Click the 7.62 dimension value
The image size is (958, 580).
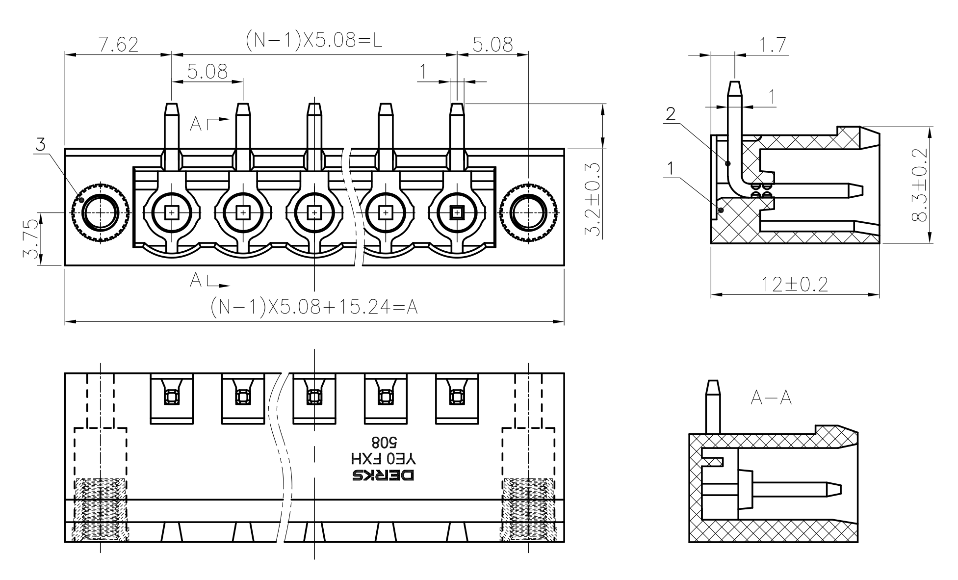click(118, 45)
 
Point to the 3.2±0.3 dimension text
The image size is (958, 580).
click(594, 200)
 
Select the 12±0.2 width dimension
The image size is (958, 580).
click(795, 284)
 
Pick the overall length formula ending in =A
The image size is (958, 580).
click(314, 307)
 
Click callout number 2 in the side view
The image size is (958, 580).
click(671, 114)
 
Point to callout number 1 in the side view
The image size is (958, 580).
click(671, 169)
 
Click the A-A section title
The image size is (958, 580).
click(771, 398)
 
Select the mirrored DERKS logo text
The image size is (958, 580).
click(383, 475)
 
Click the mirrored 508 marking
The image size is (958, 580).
click(384, 443)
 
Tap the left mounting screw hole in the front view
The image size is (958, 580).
click(101, 213)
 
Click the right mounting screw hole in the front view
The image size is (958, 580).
click(528, 213)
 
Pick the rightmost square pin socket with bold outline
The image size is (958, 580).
click(457, 213)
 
